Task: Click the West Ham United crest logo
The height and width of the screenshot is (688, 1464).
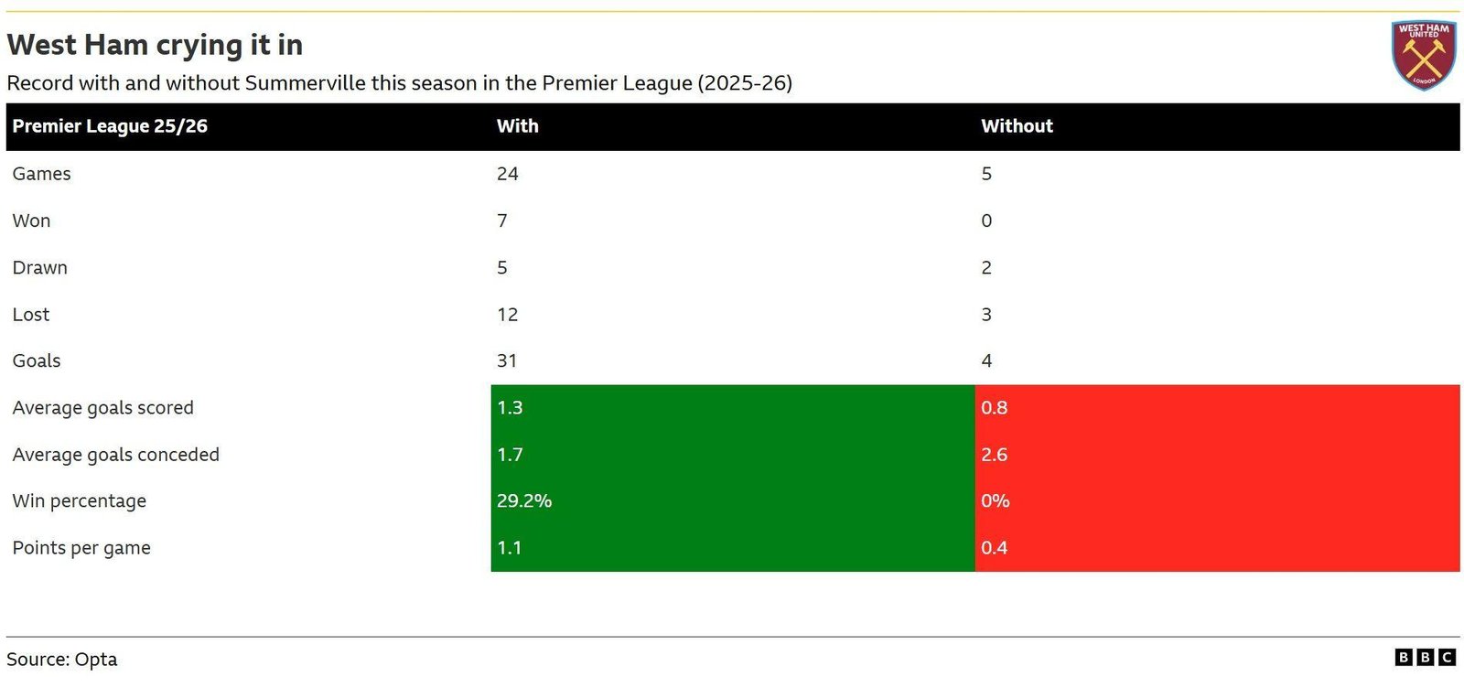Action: pos(1425,55)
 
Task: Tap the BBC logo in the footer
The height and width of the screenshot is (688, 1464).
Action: pos(1426,657)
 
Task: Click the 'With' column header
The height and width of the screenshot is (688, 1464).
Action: pos(518,126)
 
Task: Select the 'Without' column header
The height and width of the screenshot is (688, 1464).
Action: pos(1017,126)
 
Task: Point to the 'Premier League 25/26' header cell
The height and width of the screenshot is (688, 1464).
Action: pos(110,126)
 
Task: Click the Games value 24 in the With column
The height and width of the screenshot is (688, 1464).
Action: pos(507,174)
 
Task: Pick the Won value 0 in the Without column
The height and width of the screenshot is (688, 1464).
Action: pos(986,220)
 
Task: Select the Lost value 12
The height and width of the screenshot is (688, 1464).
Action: pos(507,315)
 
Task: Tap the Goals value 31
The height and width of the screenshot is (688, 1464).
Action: pos(507,360)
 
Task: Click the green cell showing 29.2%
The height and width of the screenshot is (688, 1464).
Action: pos(733,501)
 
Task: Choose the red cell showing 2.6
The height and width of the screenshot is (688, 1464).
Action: pos(1218,455)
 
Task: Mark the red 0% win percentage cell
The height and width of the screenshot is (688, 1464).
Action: pos(1218,501)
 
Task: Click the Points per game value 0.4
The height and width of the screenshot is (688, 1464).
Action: pos(994,547)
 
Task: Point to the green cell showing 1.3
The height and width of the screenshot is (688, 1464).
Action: pos(733,408)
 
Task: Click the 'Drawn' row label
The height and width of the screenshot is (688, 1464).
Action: pos(40,268)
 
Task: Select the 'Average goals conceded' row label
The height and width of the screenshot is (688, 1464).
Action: pos(115,455)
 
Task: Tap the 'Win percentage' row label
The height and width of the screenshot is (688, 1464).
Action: pos(79,501)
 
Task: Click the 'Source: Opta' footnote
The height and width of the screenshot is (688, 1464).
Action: pos(62,660)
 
